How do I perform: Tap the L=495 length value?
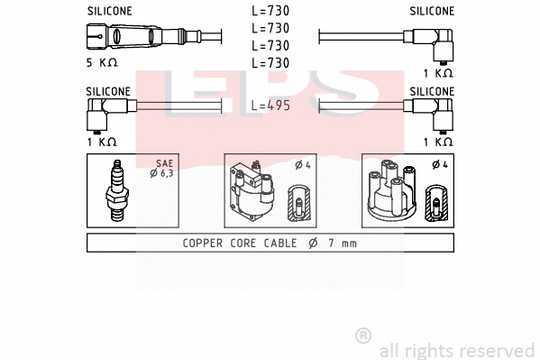(270, 105)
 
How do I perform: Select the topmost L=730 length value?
(270, 12)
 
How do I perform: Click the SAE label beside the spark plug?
(163, 163)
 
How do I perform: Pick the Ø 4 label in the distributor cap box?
(439, 164)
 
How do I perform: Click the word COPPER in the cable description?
(203, 243)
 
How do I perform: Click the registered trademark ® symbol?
(363, 336)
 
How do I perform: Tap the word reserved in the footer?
(497, 350)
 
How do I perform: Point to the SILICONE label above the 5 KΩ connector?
(109, 12)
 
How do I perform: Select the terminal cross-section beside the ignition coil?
(298, 205)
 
